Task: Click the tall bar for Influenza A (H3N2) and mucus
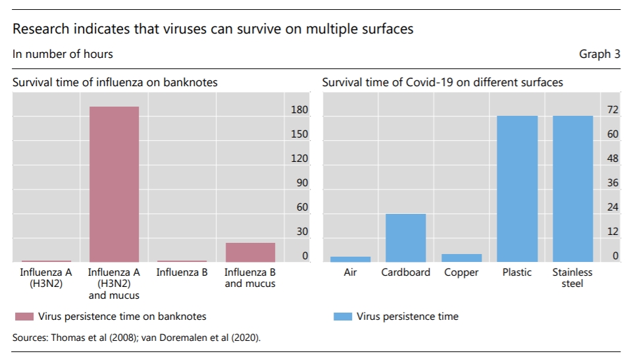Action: point(114,184)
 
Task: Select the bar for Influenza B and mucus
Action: point(250,253)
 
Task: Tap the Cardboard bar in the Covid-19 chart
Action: point(405,238)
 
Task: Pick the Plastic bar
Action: point(517,189)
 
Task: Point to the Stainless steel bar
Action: point(572,189)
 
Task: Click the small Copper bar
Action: point(461,258)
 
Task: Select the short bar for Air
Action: point(350,259)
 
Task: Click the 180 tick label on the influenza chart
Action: point(299,110)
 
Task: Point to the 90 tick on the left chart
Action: point(302,183)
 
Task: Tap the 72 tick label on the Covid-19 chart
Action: point(613,110)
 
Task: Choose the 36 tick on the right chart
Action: point(613,183)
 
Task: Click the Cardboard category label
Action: point(405,272)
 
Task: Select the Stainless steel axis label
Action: point(572,278)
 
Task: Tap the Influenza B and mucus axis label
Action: point(250,278)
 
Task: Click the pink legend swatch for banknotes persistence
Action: point(24,317)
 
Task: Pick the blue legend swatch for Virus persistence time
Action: point(342,317)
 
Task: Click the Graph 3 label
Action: point(599,54)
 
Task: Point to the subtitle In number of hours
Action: point(63,54)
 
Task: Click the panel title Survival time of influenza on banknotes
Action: point(115,83)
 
